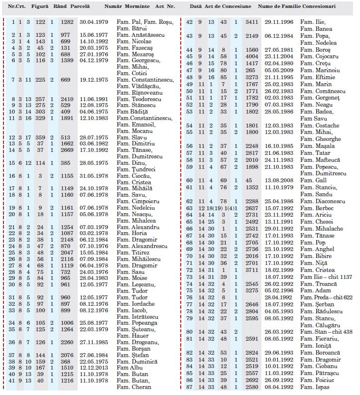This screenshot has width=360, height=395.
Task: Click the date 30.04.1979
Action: (x=91, y=23)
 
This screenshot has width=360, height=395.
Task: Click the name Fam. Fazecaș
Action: (x=133, y=48)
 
